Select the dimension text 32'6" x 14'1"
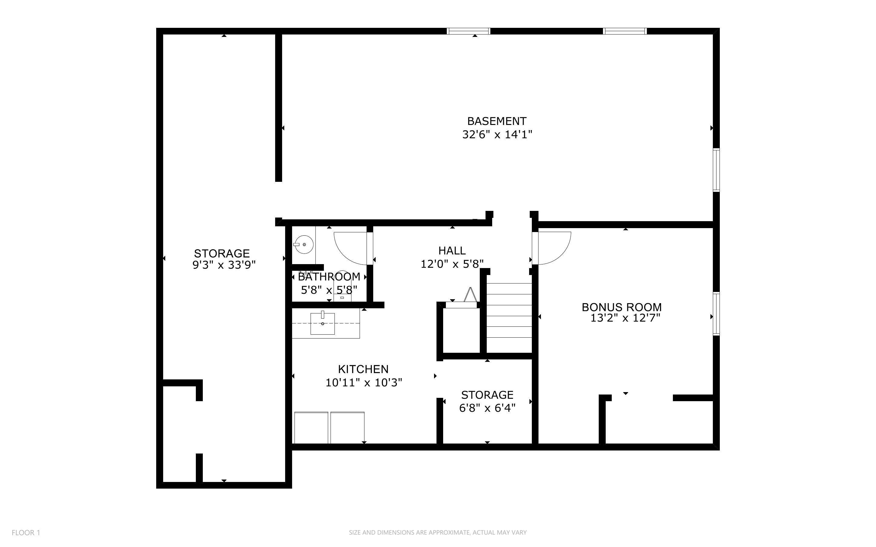(497, 135)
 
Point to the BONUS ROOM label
(622, 307)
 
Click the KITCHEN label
(363, 369)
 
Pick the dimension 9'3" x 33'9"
(224, 265)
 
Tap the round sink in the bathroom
(304, 244)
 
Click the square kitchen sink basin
(322, 323)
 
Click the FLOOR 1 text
(26, 532)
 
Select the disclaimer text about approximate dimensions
(438, 532)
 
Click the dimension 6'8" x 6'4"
(487, 408)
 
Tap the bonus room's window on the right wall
(716, 314)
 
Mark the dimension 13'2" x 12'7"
(625, 318)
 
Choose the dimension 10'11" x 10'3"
(364, 383)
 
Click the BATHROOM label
(329, 277)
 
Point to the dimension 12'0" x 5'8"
(452, 264)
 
